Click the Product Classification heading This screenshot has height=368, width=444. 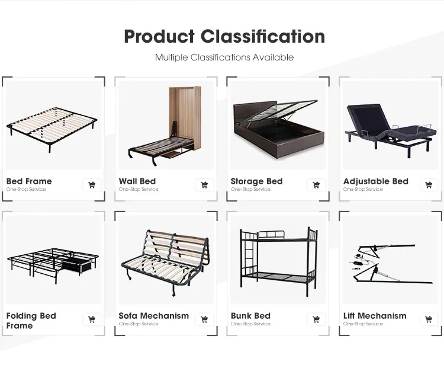(x=224, y=36)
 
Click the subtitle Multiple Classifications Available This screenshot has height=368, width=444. (x=224, y=57)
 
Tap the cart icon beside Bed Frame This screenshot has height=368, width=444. (x=92, y=185)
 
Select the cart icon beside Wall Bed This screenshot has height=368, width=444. (x=204, y=185)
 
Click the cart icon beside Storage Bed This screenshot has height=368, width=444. (x=317, y=185)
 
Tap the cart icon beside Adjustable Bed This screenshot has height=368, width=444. (x=429, y=185)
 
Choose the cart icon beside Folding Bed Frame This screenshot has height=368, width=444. (x=92, y=319)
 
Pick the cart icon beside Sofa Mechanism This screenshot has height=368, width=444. (x=204, y=319)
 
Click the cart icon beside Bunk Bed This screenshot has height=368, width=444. (x=317, y=319)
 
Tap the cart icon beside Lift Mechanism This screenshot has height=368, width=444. (x=429, y=319)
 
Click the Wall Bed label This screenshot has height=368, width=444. (x=137, y=181)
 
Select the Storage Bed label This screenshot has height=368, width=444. (x=256, y=181)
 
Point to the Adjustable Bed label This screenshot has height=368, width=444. (x=376, y=181)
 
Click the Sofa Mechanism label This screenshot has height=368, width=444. (x=153, y=316)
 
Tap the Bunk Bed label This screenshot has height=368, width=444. (x=250, y=316)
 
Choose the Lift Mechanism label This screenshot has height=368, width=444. (x=375, y=316)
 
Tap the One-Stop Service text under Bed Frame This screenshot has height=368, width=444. (x=26, y=190)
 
